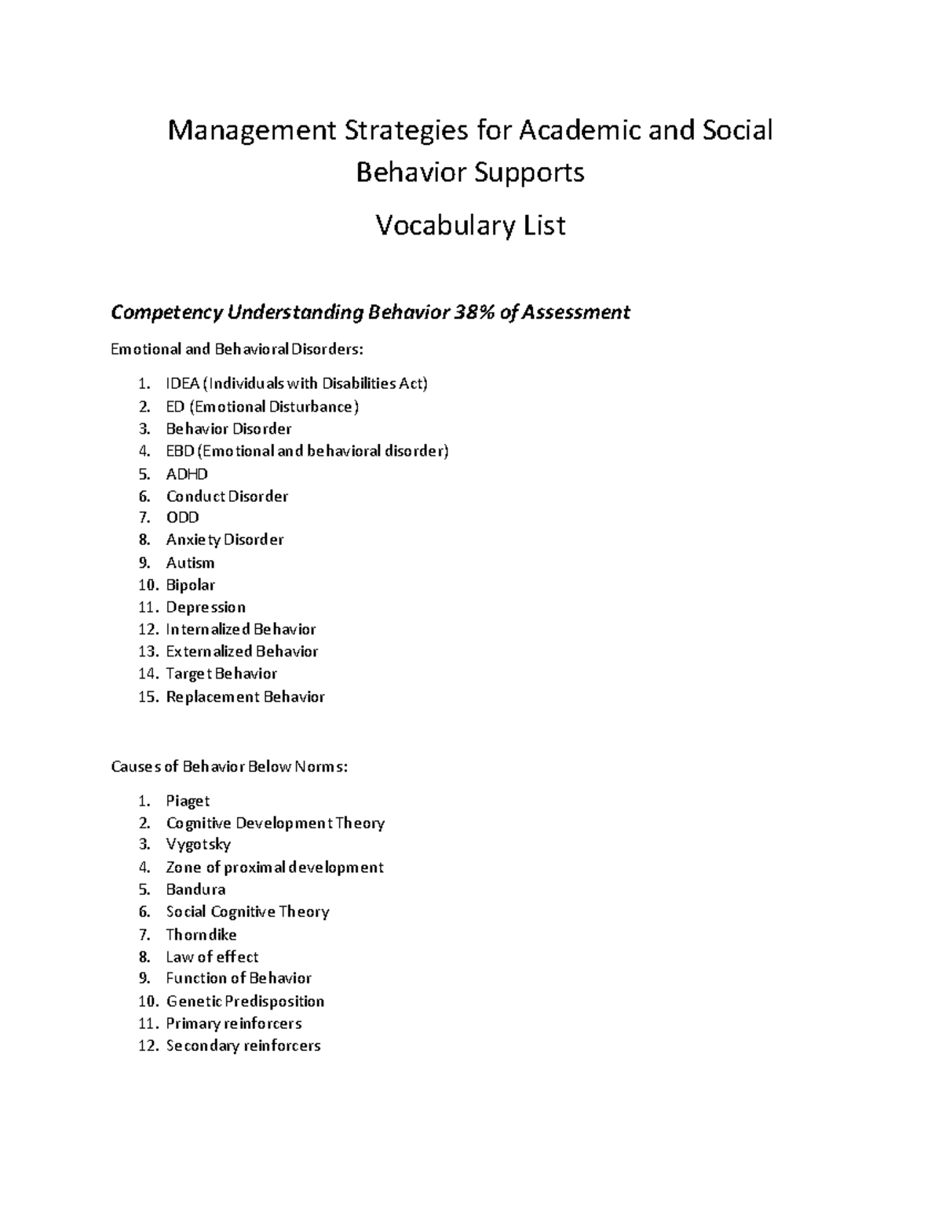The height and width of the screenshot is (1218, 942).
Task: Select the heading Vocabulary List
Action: (470, 226)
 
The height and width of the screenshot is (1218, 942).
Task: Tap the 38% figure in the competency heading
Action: (471, 313)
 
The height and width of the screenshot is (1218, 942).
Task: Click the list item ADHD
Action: (187, 474)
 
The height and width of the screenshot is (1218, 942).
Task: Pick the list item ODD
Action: (183, 518)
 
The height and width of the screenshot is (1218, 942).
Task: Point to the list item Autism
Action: (190, 562)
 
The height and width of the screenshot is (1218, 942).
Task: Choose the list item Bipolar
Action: (190, 585)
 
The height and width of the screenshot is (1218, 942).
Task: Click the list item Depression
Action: (206, 607)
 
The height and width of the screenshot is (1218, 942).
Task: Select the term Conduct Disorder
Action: (227, 496)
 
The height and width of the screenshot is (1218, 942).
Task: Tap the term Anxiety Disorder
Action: (225, 540)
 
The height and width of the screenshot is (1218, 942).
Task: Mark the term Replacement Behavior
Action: (245, 696)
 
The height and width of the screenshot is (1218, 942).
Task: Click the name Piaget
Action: (188, 801)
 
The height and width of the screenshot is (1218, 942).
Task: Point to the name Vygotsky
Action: (198, 845)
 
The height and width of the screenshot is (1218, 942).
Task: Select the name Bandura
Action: (195, 889)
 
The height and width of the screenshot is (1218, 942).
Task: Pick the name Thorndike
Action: (201, 934)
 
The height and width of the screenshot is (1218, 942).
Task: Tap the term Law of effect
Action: (212, 957)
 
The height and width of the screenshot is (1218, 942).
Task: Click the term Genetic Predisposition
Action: (245, 1002)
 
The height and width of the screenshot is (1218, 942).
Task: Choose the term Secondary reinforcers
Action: (243, 1045)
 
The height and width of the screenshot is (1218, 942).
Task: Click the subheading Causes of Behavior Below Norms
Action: (228, 766)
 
